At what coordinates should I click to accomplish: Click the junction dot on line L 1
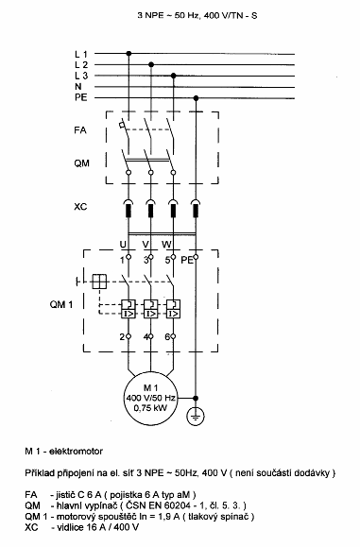(x=129, y=53)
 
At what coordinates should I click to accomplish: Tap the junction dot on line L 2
(x=151, y=64)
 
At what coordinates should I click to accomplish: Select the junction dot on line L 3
(x=173, y=76)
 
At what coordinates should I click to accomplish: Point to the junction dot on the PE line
(x=196, y=98)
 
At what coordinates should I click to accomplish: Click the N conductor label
(x=78, y=87)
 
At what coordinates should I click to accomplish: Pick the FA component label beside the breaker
(x=80, y=130)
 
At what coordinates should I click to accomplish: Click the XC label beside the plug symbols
(x=80, y=207)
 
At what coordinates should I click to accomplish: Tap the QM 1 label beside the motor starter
(x=61, y=304)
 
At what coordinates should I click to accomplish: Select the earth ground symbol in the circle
(x=196, y=417)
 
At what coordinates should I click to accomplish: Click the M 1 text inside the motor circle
(x=150, y=387)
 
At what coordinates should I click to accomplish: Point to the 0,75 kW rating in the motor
(x=150, y=408)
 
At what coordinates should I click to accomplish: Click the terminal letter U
(x=123, y=244)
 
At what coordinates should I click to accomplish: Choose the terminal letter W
(x=166, y=244)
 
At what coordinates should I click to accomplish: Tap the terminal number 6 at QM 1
(x=167, y=337)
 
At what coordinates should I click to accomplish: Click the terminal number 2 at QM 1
(x=122, y=337)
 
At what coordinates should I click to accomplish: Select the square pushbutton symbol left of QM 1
(x=99, y=282)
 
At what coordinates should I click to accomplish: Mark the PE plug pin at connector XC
(x=196, y=211)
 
